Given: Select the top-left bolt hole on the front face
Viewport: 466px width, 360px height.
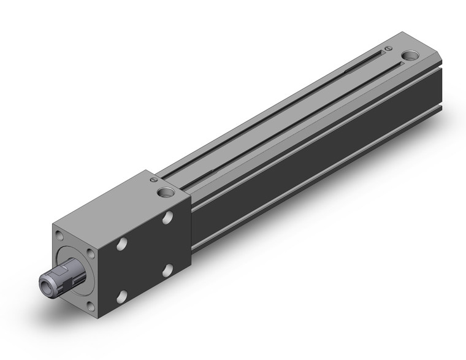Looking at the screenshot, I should pyautogui.click(x=59, y=235).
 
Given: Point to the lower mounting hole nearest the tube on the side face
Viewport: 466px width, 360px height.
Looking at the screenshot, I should pyautogui.click(x=167, y=269).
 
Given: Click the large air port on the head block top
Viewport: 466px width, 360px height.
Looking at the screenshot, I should pyautogui.click(x=165, y=193).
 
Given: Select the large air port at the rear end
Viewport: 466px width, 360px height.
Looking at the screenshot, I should pyautogui.click(x=410, y=58).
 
